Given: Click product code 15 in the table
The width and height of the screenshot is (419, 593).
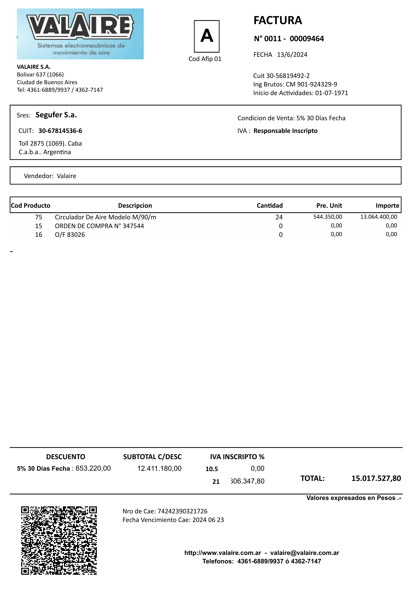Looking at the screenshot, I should [39, 226].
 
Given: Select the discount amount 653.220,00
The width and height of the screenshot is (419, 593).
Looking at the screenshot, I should [93, 468].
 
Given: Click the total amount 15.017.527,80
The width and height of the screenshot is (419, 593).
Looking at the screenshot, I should [376, 478].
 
